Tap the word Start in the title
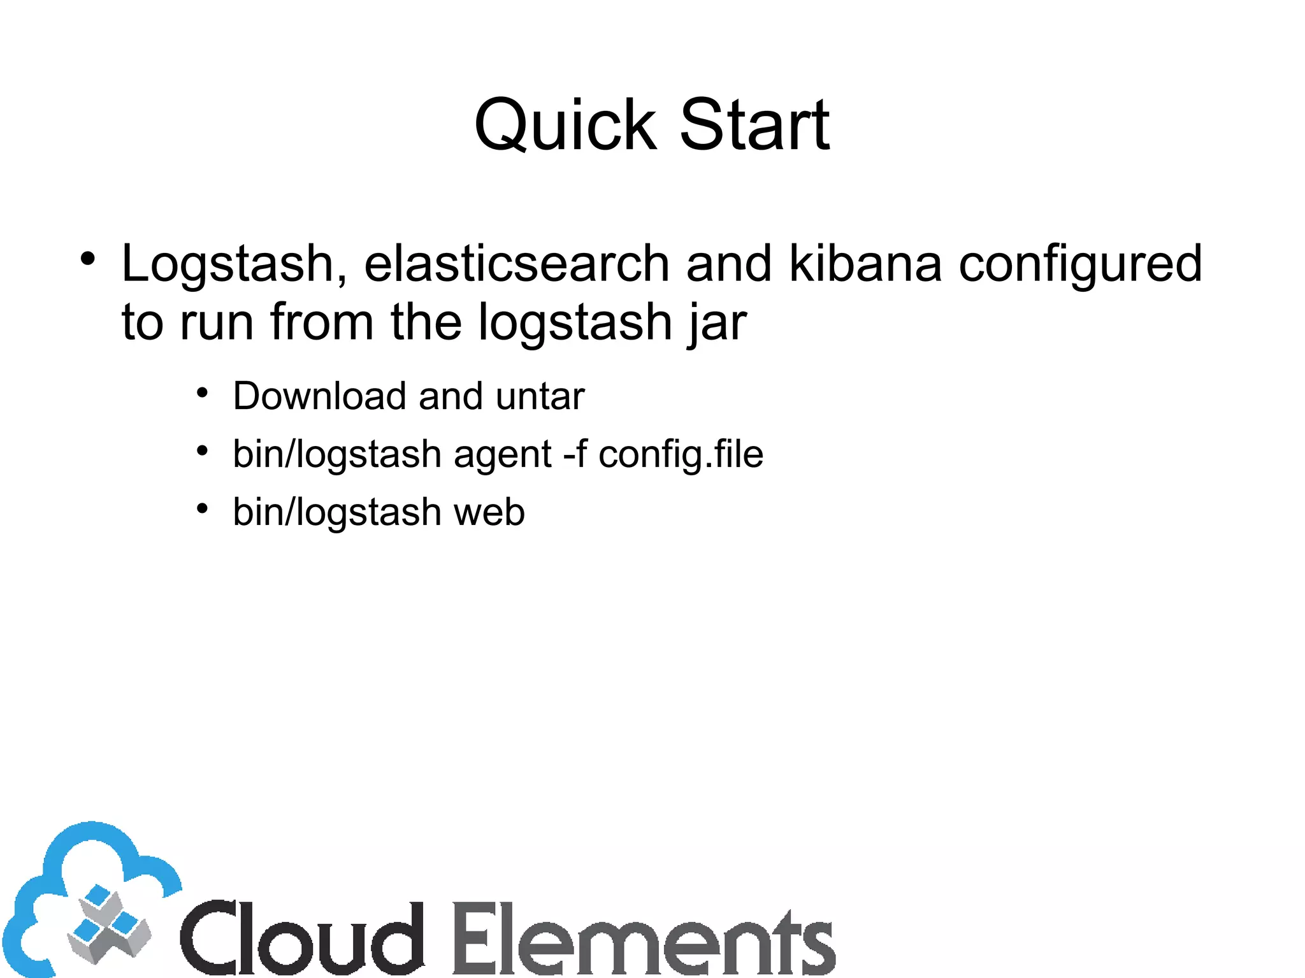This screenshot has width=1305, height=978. [x=755, y=125]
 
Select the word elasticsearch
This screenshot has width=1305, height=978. [x=516, y=264]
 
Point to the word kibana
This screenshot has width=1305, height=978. [x=865, y=264]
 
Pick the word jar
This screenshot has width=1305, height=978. [x=717, y=324]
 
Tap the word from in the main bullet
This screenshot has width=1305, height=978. [x=322, y=322]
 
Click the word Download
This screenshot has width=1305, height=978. [x=319, y=396]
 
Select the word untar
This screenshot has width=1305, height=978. [x=540, y=397]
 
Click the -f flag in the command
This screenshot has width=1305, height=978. [x=575, y=454]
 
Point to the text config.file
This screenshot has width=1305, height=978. [x=681, y=456]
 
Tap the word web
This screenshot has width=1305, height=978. [x=489, y=512]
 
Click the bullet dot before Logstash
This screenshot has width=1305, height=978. [x=88, y=260]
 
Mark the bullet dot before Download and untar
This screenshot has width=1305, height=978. [x=203, y=392]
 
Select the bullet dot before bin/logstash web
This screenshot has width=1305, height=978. [x=203, y=508]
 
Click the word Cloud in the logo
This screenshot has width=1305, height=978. [x=303, y=937]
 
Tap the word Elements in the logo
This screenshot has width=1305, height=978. [x=644, y=940]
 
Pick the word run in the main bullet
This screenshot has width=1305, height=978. [x=216, y=324]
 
